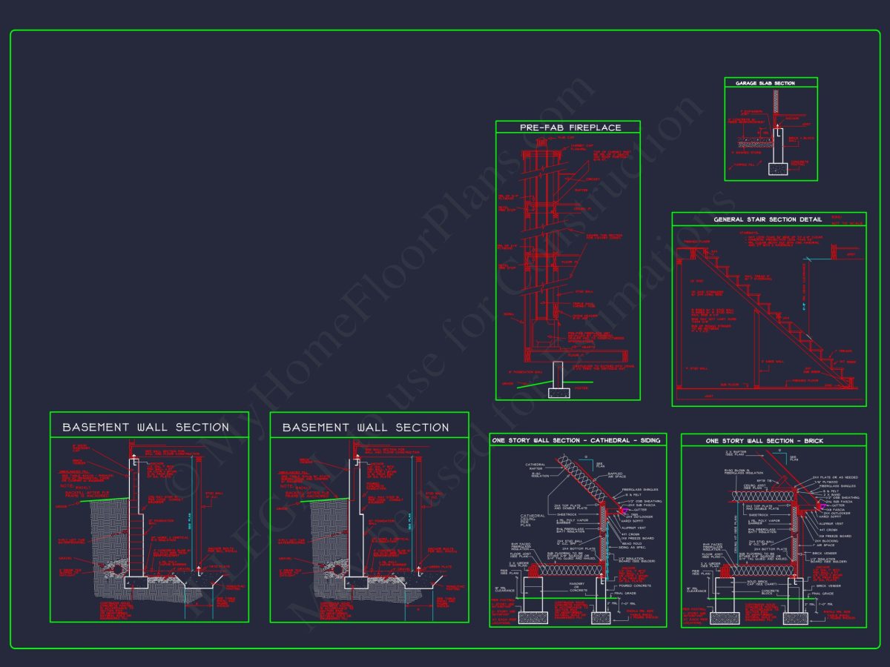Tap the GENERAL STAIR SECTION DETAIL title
coord(768,219)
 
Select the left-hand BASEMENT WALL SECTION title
coord(145,428)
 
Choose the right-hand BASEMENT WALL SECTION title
coord(366,428)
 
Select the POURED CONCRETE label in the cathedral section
coord(633,585)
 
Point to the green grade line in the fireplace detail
coord(530,384)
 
